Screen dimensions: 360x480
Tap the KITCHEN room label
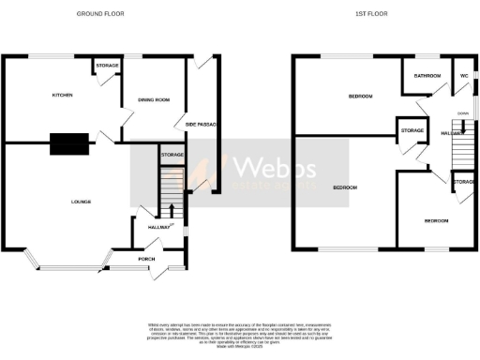point(62,95)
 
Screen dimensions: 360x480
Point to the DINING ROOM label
point(153,99)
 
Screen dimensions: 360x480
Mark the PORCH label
point(146,259)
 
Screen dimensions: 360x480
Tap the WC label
point(463,75)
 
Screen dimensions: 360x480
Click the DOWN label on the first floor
point(462,113)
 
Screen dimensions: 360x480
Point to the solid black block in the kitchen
point(69,143)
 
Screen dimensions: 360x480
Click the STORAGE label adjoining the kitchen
point(105,66)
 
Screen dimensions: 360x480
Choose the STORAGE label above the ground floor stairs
point(172,155)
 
